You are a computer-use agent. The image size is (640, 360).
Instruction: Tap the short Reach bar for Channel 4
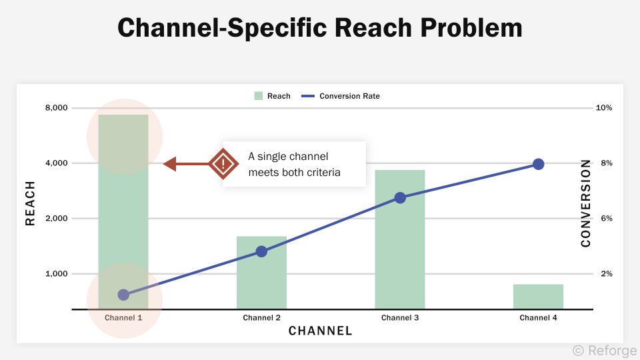[x=538, y=297]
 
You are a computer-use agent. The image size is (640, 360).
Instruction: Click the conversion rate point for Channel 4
[x=538, y=164]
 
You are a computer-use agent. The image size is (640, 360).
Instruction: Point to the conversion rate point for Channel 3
[x=400, y=197]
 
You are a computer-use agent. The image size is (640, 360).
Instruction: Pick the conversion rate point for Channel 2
[x=261, y=251]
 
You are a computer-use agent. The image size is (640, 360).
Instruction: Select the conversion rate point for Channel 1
[x=123, y=295]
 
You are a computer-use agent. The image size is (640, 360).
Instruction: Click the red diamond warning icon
[x=223, y=163]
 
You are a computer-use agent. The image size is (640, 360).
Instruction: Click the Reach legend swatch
[x=259, y=96]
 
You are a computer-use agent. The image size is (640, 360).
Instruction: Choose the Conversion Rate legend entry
[x=341, y=96]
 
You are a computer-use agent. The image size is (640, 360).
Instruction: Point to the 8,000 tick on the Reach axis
[x=57, y=108]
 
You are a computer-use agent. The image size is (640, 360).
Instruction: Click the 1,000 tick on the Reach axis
[x=57, y=274]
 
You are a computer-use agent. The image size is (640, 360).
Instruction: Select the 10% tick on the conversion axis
[x=604, y=108]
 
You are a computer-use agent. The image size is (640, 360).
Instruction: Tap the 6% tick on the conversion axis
[x=604, y=219]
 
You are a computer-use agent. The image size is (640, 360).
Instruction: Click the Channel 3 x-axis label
[x=400, y=318]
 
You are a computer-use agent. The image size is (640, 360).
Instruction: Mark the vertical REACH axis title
[x=30, y=203]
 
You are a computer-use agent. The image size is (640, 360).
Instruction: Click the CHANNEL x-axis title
[x=320, y=331]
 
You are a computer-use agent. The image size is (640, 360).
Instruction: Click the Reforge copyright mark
[x=604, y=351]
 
